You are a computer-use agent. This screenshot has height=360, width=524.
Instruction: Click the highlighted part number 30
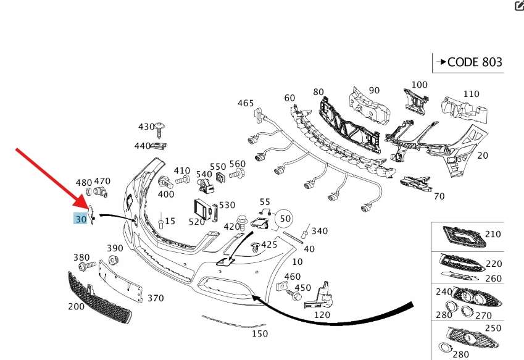(x=80, y=219)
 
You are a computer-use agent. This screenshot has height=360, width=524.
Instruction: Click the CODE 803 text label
(x=474, y=62)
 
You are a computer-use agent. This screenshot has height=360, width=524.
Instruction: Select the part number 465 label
(x=245, y=103)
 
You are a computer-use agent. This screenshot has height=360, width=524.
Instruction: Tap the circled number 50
(x=285, y=218)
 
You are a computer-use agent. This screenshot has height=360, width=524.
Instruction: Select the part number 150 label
(x=260, y=333)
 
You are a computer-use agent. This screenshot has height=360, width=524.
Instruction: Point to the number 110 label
(x=471, y=94)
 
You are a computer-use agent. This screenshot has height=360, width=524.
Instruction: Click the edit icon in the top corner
(x=518, y=6)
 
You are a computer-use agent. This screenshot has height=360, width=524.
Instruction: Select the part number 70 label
(x=439, y=196)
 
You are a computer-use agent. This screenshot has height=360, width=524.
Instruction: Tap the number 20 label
(x=483, y=156)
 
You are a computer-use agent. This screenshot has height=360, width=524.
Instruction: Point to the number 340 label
(x=320, y=231)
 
